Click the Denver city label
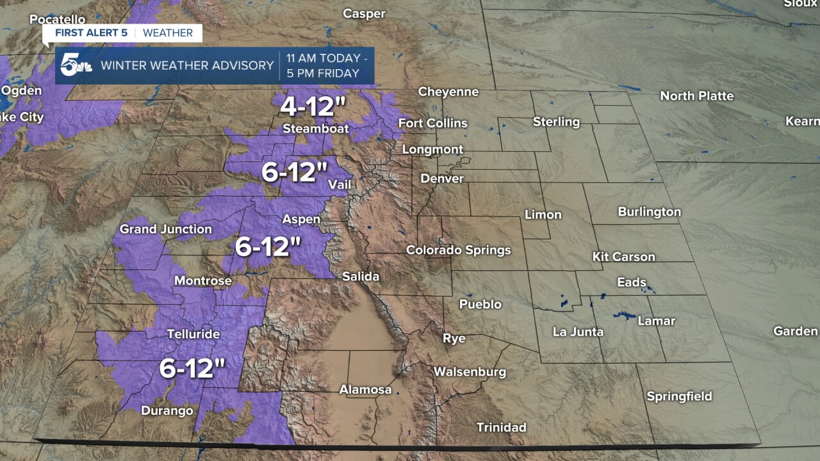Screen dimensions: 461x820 (x=442, y=179)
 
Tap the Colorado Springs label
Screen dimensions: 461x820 (x=459, y=250)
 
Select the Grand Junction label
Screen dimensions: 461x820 (x=166, y=229)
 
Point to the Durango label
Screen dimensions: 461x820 (x=167, y=410)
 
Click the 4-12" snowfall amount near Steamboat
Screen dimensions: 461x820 (x=308, y=106)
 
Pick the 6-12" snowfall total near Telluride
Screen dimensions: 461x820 (x=192, y=368)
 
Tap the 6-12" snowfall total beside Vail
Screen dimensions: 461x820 (x=295, y=172)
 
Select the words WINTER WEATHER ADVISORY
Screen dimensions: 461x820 (x=187, y=65)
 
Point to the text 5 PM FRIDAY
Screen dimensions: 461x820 (x=323, y=73)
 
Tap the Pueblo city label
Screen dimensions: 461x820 (x=480, y=304)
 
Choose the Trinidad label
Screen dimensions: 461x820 (x=502, y=427)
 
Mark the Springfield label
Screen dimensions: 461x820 (x=679, y=396)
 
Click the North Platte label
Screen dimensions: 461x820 (x=697, y=96)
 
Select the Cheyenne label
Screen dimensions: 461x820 (x=448, y=92)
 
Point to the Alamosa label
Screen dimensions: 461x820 (x=365, y=389)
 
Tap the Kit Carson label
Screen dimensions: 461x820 (x=624, y=257)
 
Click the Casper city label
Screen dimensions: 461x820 (x=364, y=13)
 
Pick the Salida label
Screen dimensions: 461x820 (x=361, y=277)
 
